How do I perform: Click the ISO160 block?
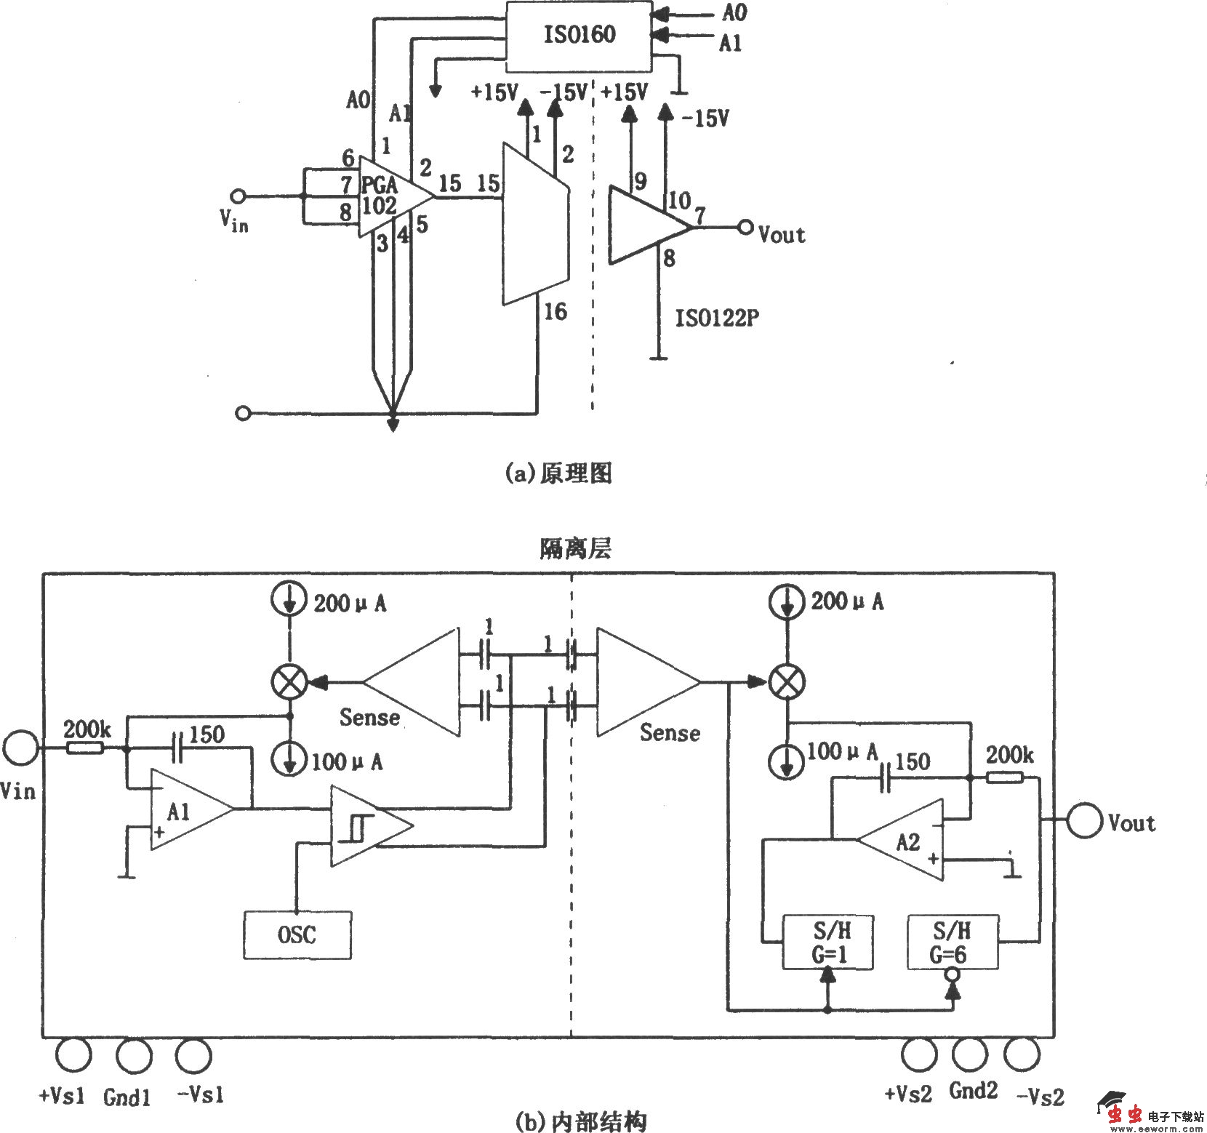point(579,36)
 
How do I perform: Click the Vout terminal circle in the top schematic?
point(745,228)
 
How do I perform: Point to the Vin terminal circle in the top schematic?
point(237,196)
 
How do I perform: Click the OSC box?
point(297,934)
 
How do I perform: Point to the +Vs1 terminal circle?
point(73,1054)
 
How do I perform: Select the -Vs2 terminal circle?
point(1022,1054)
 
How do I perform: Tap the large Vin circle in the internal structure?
point(20,748)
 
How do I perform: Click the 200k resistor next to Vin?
point(84,748)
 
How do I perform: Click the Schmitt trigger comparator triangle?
point(367,826)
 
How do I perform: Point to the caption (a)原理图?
point(558,473)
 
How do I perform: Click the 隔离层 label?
point(575,548)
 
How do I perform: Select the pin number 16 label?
point(555,312)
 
